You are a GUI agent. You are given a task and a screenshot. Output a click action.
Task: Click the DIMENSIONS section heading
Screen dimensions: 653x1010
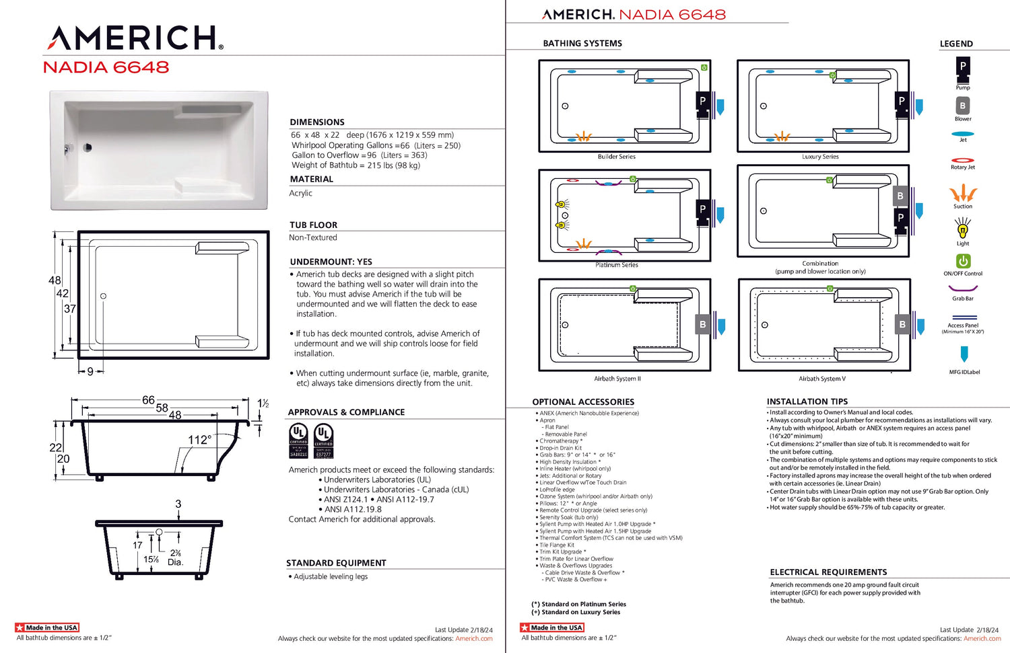tap(317, 122)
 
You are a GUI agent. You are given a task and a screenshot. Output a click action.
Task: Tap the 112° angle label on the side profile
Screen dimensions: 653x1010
tap(199, 440)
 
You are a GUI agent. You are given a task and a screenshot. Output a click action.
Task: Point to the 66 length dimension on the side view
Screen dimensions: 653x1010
tap(148, 400)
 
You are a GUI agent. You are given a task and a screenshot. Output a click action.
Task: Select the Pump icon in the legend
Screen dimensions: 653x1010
tap(963, 67)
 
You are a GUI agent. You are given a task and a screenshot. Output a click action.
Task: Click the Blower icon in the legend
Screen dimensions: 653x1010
tap(963, 106)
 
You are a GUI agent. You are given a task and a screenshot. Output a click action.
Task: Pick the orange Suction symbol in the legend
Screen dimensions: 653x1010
tap(963, 194)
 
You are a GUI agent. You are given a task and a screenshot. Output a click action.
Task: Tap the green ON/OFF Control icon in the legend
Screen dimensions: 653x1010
tap(963, 261)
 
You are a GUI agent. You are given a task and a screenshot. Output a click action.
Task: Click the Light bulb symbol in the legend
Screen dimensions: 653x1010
tap(963, 230)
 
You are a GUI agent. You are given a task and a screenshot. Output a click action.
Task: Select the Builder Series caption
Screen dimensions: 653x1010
tap(617, 157)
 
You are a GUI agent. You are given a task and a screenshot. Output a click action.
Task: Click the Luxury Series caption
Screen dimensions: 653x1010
tap(820, 157)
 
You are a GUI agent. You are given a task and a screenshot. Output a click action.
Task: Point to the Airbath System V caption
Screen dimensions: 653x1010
tap(822, 379)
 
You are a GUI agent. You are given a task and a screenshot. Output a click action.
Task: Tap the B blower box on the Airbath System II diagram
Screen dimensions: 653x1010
tap(702, 324)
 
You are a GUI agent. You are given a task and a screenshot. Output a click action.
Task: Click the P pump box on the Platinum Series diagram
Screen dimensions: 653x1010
tap(702, 210)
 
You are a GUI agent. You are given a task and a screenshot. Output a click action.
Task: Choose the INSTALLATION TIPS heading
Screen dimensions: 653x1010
tap(807, 401)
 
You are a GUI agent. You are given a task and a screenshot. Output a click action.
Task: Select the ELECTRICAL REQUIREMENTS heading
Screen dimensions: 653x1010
tap(828, 572)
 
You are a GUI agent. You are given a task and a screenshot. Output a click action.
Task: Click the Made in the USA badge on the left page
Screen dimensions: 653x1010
tap(47, 627)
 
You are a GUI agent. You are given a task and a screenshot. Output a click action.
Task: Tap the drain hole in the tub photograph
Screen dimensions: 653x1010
tap(87, 148)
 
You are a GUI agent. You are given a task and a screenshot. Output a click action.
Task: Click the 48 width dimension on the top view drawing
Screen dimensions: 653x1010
tap(55, 280)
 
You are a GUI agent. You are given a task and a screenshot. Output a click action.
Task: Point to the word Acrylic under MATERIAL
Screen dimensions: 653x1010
tap(300, 193)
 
